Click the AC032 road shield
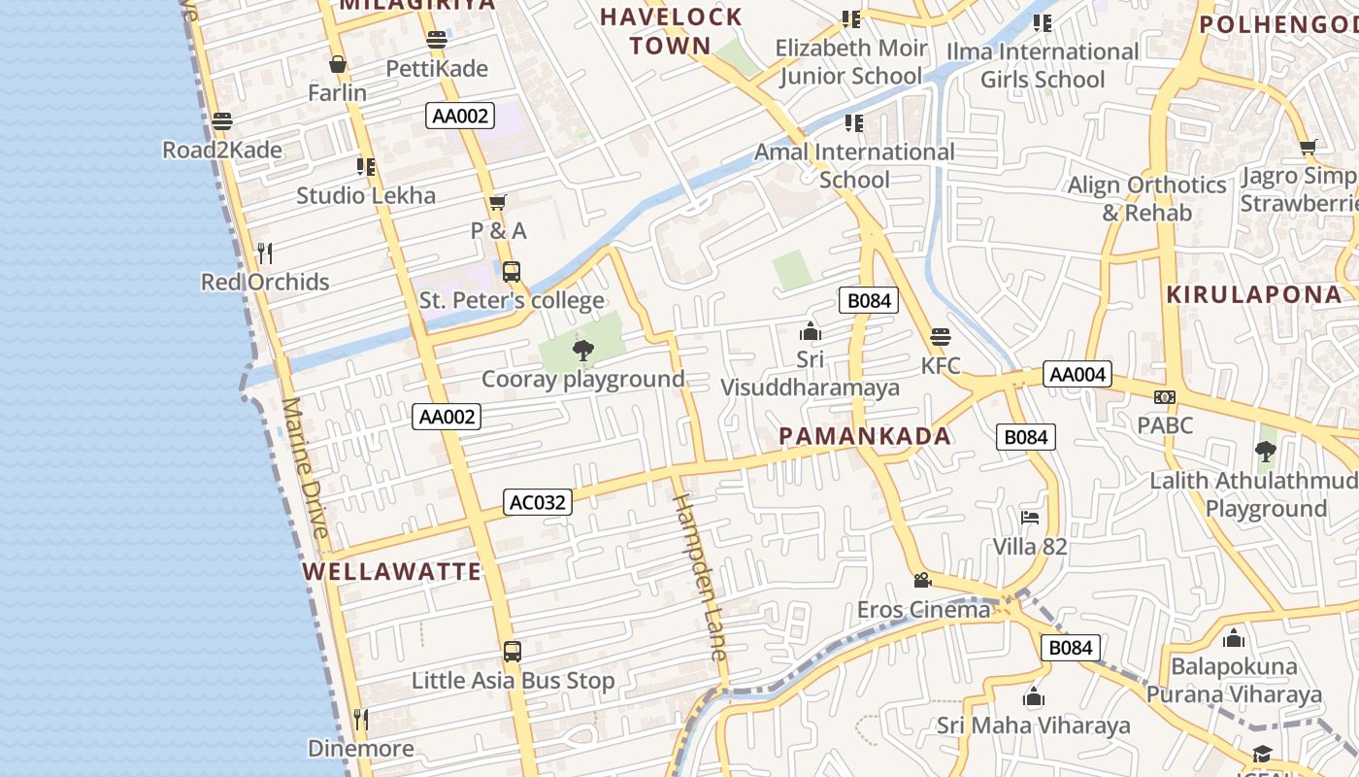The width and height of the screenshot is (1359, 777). click(x=538, y=502)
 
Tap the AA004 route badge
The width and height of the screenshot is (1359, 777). click(x=1077, y=374)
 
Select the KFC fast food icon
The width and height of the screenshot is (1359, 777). click(x=940, y=337)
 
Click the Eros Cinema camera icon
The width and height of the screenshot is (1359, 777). click(x=922, y=580)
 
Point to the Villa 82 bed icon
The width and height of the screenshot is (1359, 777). click(x=1030, y=517)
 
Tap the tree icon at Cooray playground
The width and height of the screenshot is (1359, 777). click(x=582, y=350)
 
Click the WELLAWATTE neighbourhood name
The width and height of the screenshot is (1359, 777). click(x=391, y=571)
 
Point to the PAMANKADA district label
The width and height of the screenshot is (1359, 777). click(x=865, y=436)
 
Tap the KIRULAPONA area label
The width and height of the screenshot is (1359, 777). click(x=1254, y=294)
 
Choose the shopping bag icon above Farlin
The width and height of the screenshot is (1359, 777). click(x=338, y=64)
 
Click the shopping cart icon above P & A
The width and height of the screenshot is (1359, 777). click(x=498, y=202)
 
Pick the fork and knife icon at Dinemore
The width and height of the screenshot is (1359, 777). click(x=361, y=719)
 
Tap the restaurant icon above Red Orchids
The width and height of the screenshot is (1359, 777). click(x=265, y=253)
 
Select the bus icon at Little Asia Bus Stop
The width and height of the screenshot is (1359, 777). click(x=513, y=651)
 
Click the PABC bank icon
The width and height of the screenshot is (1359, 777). click(x=1165, y=396)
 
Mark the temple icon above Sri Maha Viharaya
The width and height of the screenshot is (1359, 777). click(x=1034, y=696)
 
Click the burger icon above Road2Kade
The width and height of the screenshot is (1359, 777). click(x=222, y=121)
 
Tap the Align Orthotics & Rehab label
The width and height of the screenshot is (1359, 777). click(x=1146, y=198)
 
